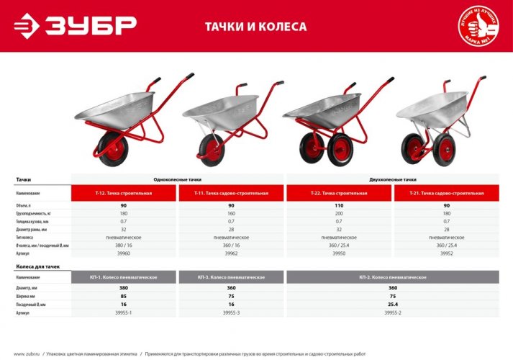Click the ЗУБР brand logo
click(75, 25)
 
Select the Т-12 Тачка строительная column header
click(124, 194)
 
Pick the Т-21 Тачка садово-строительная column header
click(447, 194)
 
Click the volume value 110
click(339, 207)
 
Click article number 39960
click(124, 253)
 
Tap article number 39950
click(339, 253)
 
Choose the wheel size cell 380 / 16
click(124, 246)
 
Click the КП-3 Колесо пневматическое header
click(232, 277)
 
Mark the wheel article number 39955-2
click(393, 313)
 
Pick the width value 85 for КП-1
click(124, 296)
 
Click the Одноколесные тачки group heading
click(178, 179)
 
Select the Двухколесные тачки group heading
click(393, 179)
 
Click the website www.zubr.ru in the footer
click(27, 354)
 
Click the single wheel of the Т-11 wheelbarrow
click(207, 147)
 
